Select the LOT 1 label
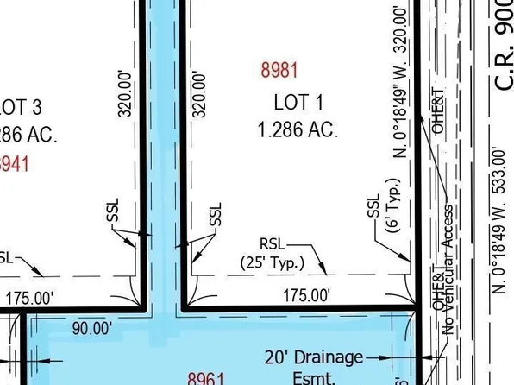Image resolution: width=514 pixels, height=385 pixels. (298, 103)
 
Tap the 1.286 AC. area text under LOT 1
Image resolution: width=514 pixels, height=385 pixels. (298, 130)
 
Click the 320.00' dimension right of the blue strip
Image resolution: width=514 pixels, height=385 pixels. (200, 94)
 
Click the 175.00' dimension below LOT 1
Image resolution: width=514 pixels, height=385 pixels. (307, 295)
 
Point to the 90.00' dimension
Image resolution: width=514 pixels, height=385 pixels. (91, 328)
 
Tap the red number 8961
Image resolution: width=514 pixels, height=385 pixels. (207, 377)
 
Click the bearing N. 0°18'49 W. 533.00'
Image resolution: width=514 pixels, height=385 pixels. (498, 220)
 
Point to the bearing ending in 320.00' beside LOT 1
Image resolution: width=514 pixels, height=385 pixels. (399, 81)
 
